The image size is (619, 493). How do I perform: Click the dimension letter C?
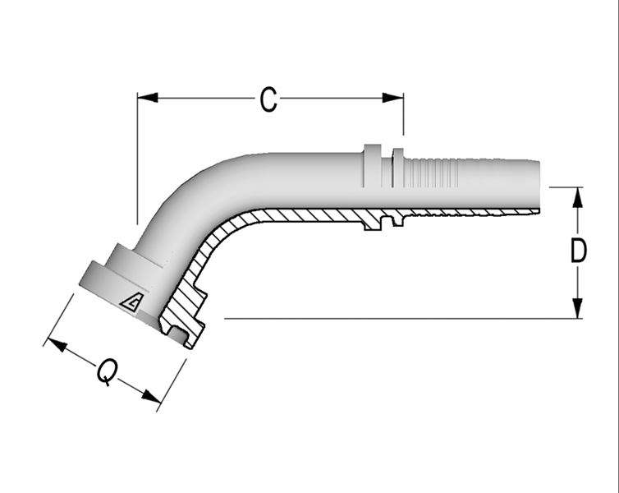(268, 99)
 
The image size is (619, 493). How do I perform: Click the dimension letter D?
(579, 251)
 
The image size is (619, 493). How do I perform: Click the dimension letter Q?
(108, 371)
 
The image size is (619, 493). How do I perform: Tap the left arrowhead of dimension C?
(148, 98)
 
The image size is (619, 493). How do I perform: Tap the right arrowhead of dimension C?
(393, 98)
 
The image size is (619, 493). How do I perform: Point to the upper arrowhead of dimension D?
(578, 197)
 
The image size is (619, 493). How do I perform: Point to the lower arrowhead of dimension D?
(578, 308)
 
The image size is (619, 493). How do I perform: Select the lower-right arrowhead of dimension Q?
(152, 396)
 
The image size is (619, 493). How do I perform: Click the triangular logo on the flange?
(131, 303)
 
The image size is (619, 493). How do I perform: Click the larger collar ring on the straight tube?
(372, 166)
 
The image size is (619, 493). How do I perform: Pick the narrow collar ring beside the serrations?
(398, 168)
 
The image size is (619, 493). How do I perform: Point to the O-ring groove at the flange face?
(177, 335)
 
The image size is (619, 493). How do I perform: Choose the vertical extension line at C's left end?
(137, 159)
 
